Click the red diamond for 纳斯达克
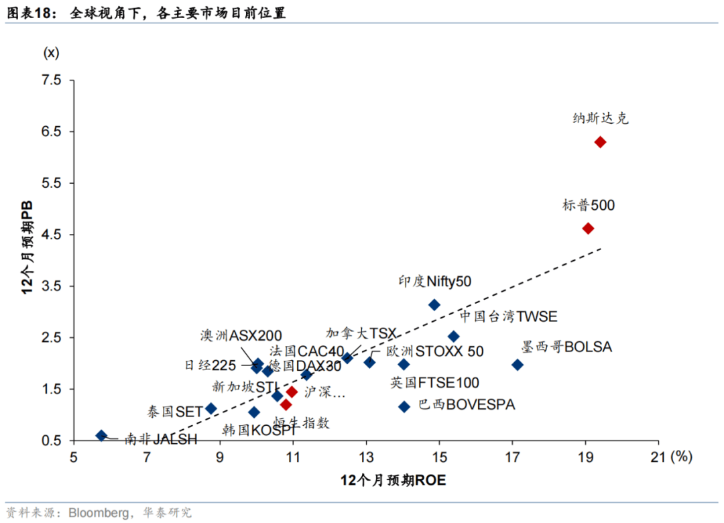pyautogui.click(x=600, y=142)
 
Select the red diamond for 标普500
pyautogui.click(x=588, y=229)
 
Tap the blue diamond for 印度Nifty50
pyautogui.click(x=434, y=305)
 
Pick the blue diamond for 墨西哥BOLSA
pyautogui.click(x=518, y=365)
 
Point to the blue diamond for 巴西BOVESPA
pyautogui.click(x=404, y=406)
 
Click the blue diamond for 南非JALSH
pyautogui.click(x=102, y=436)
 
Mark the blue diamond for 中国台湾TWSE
pyautogui.click(x=454, y=337)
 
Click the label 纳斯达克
pyautogui.click(x=601, y=119)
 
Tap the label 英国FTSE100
pyautogui.click(x=435, y=383)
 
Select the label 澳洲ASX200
pyautogui.click(x=241, y=335)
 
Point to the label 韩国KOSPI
pyautogui.click(x=259, y=430)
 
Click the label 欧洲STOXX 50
pyautogui.click(x=434, y=351)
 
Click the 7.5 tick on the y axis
pyautogui.click(x=52, y=80)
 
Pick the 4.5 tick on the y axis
pyautogui.click(x=52, y=235)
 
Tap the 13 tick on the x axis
pyautogui.click(x=366, y=457)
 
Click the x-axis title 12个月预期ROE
pyautogui.click(x=393, y=480)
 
